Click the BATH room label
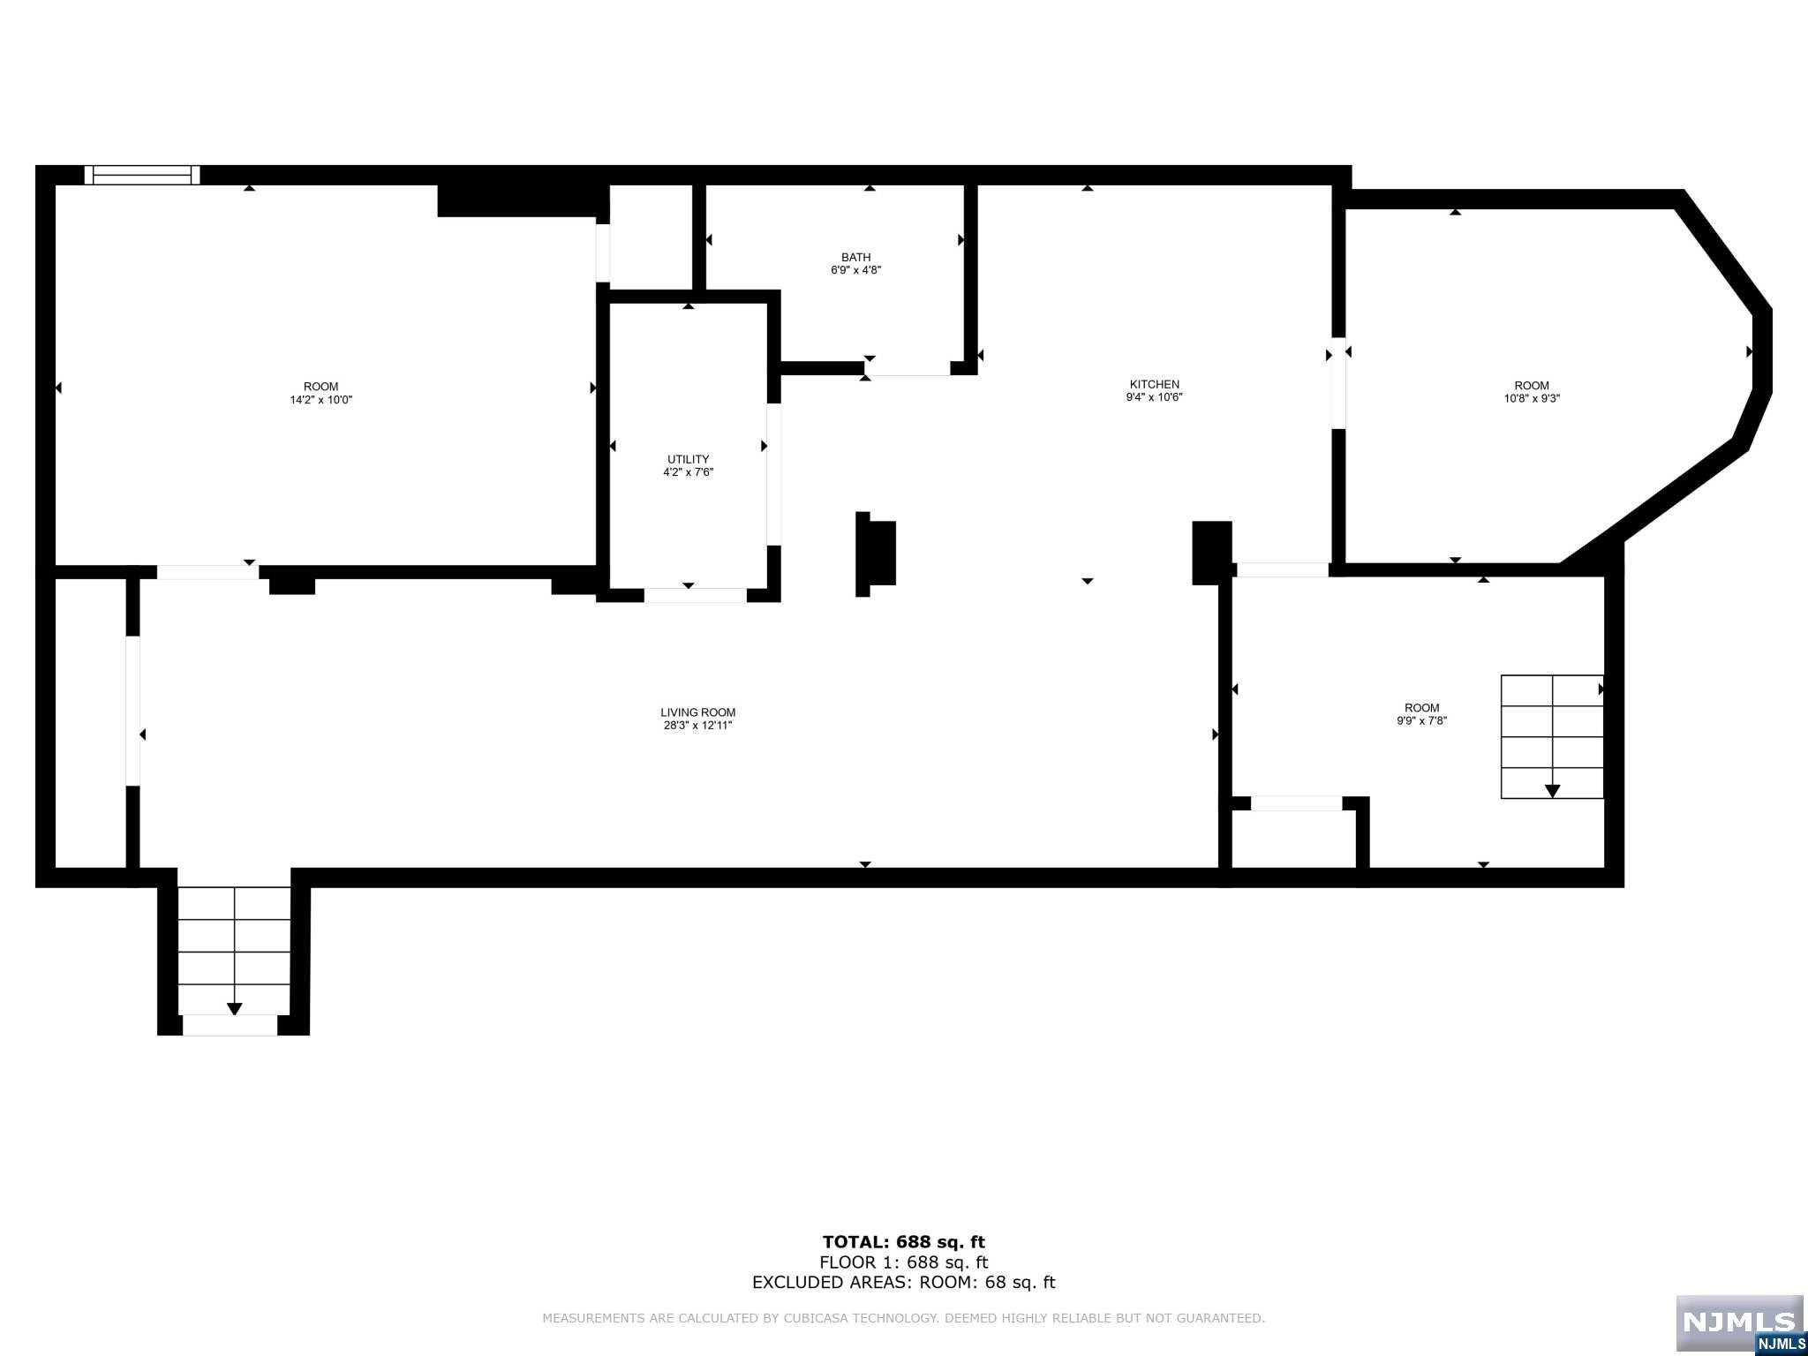point(855,258)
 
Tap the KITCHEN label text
point(1154,384)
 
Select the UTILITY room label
point(688,459)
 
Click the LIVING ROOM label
point(697,712)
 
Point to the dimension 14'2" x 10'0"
point(320,400)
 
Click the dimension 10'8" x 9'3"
point(1532,398)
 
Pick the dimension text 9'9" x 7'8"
point(1421,720)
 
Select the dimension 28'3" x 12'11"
point(697,726)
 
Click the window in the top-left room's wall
point(142,175)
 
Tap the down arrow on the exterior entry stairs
point(234,1008)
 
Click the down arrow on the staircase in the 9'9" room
point(1552,790)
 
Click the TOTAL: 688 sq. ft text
point(903,1242)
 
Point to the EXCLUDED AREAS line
point(903,1283)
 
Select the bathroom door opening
point(908,369)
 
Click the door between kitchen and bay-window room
point(1338,383)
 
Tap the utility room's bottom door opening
point(695,596)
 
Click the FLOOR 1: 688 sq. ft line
point(903,1262)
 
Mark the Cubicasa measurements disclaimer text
point(903,1318)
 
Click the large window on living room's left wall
point(132,711)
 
